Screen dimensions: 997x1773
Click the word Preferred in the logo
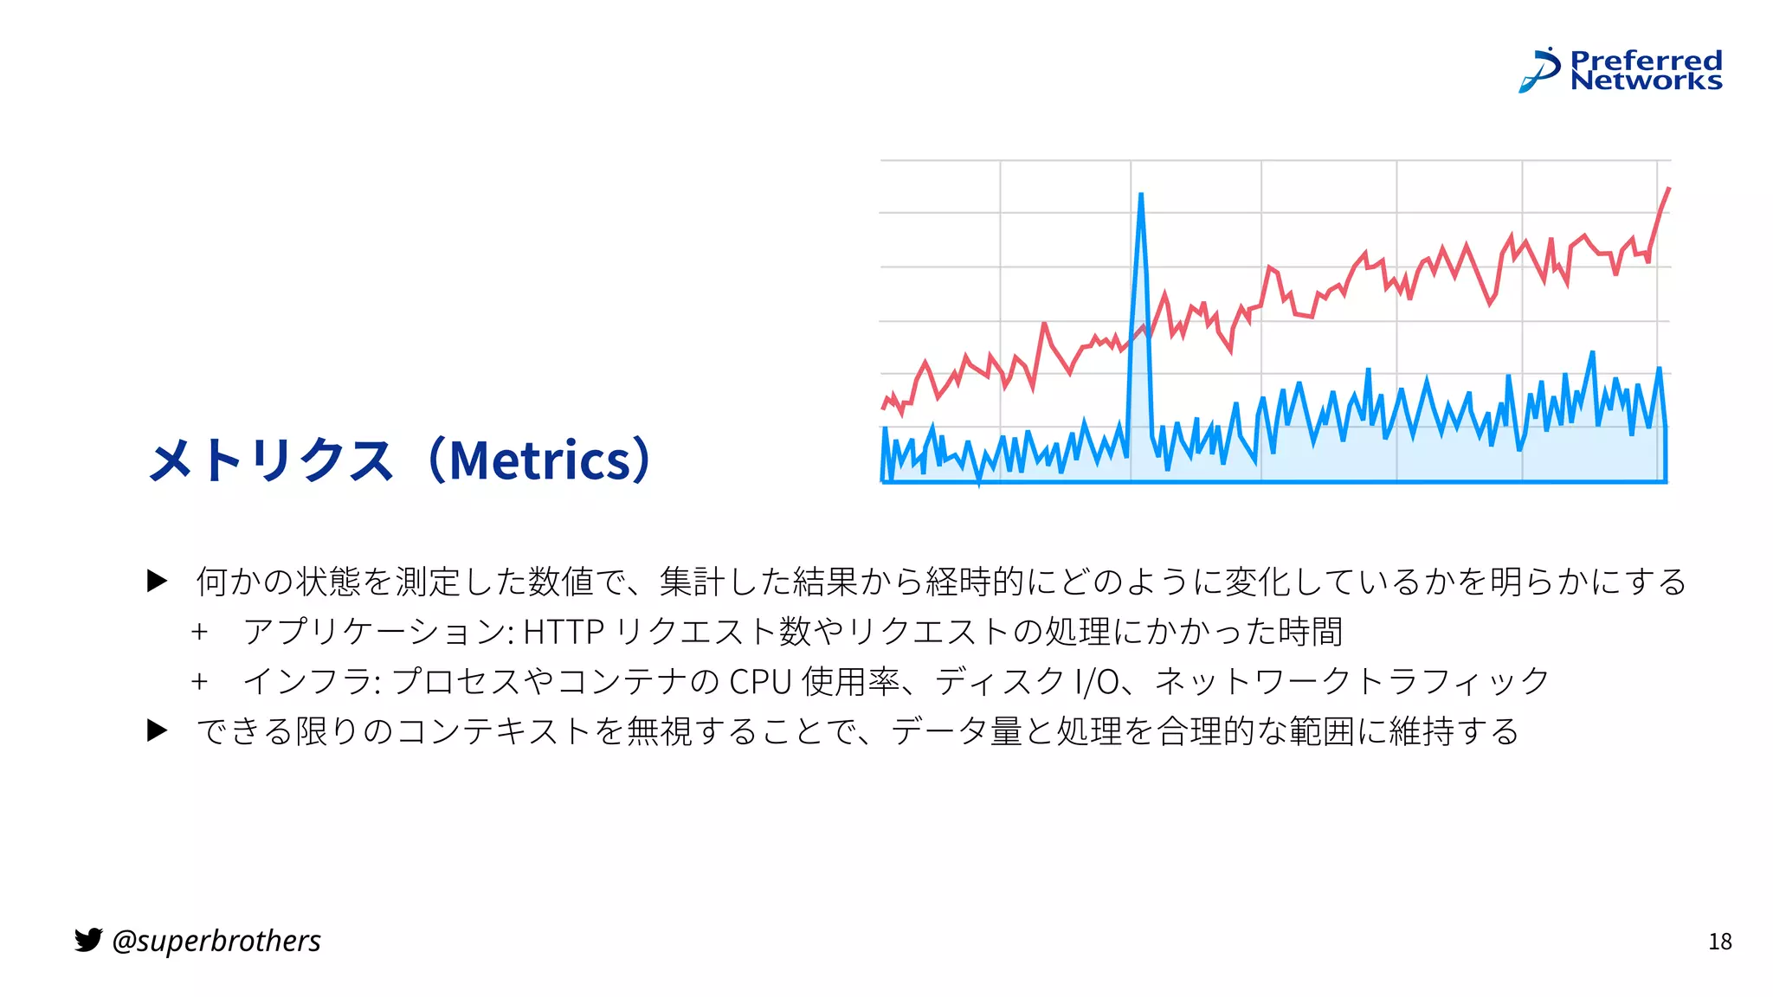pyautogui.click(x=1646, y=61)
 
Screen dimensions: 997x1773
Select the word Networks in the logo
pyautogui.click(x=1646, y=80)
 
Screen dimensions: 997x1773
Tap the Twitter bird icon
pyautogui.click(x=88, y=940)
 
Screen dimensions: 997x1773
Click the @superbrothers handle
pyautogui.click(x=216, y=941)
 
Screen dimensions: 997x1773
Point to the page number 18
pyautogui.click(x=1719, y=942)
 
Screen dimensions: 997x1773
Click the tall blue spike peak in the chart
pyautogui.click(x=1140, y=196)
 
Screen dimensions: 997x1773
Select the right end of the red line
pyautogui.click(x=1668, y=189)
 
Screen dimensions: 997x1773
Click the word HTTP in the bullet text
pyautogui.click(x=563, y=632)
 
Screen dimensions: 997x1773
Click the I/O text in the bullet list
pyautogui.click(x=1096, y=682)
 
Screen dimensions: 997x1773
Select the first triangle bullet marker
pyautogui.click(x=157, y=581)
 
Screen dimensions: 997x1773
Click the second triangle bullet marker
pyautogui.click(x=157, y=730)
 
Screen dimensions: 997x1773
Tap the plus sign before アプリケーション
pyautogui.click(x=200, y=632)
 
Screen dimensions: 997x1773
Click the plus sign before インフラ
pyautogui.click(x=200, y=682)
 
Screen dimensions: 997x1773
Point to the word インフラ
pyautogui.click(x=307, y=682)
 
